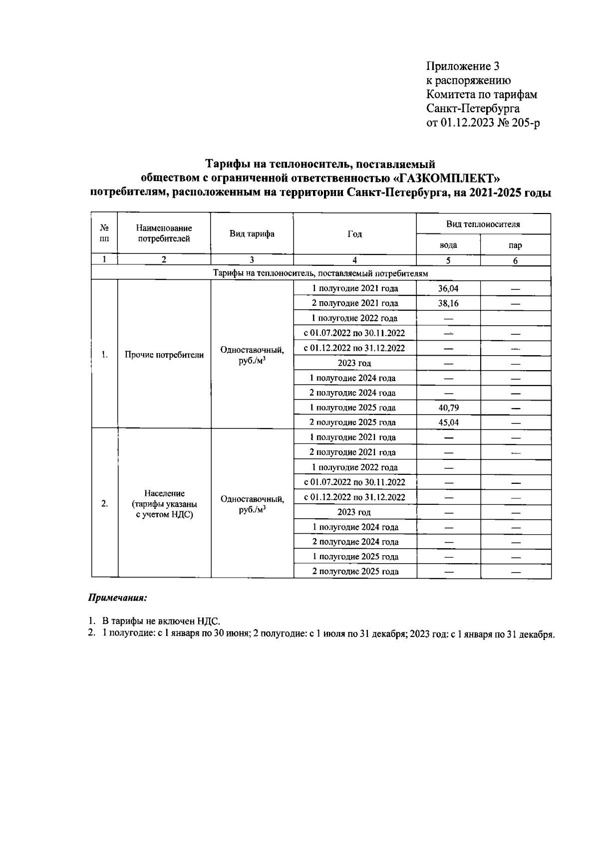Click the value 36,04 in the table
tap(448, 288)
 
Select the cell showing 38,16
tap(448, 303)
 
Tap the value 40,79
tap(448, 408)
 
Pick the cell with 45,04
tap(448, 423)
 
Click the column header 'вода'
tap(448, 245)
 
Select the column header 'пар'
tap(515, 245)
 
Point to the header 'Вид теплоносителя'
tap(483, 224)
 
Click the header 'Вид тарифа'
tap(252, 234)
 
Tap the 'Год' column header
tap(354, 234)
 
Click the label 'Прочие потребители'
tap(164, 355)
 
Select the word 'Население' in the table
tap(164, 493)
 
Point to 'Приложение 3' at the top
tap(462, 66)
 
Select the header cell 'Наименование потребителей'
tap(164, 233)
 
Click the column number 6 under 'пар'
tap(515, 260)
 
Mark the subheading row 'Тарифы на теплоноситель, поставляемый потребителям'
tap(320, 273)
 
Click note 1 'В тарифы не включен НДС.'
tap(161, 621)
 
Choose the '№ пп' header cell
tap(104, 233)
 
